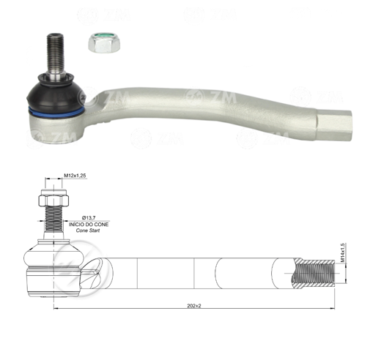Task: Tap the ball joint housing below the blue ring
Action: click(55, 126)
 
